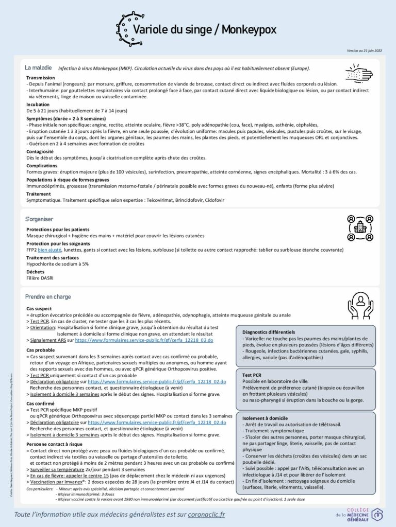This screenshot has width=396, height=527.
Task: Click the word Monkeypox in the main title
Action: pyautogui.click(x=250, y=29)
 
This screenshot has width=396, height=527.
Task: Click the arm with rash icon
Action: pyautogui.click(x=358, y=73)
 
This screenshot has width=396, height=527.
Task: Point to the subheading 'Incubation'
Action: pyautogui.click(x=38, y=104)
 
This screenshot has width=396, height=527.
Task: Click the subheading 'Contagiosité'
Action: pyautogui.click(x=40, y=152)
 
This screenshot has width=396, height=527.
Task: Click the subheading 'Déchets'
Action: pyautogui.click(x=35, y=271)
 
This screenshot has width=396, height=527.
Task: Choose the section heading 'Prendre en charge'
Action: pyautogui.click(x=48, y=296)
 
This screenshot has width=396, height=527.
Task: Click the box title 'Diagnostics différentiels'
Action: pyautogui.click(x=268, y=332)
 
